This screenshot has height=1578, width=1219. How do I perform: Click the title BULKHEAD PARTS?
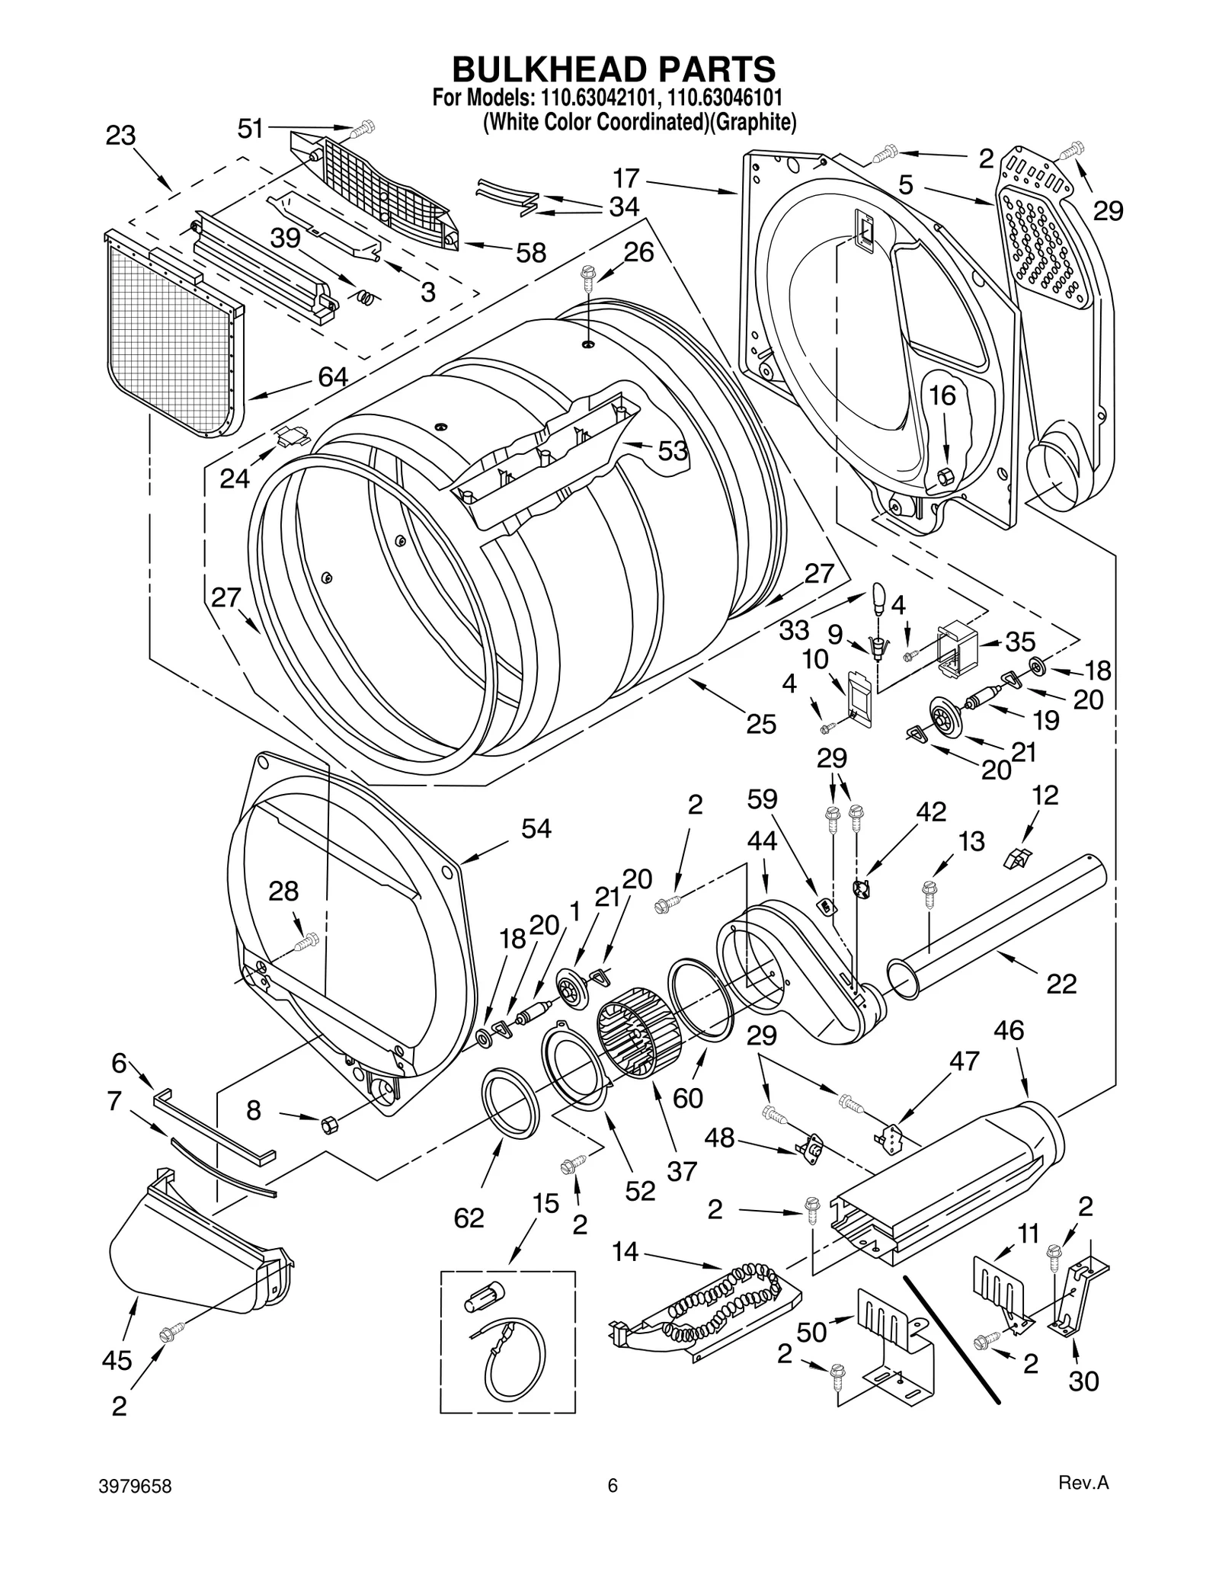613,69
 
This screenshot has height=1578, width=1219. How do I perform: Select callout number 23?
120,136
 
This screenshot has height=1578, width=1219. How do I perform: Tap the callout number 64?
333,376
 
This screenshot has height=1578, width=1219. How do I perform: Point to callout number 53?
672,451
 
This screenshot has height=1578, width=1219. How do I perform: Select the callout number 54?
536,829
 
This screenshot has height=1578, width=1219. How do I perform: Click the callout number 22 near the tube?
1061,984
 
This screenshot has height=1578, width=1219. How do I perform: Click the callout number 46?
1009,1031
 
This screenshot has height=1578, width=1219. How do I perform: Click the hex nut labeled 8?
328,1122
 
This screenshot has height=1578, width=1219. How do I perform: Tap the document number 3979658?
135,1486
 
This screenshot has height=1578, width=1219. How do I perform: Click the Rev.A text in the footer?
1083,1483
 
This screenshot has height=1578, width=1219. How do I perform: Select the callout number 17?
625,178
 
